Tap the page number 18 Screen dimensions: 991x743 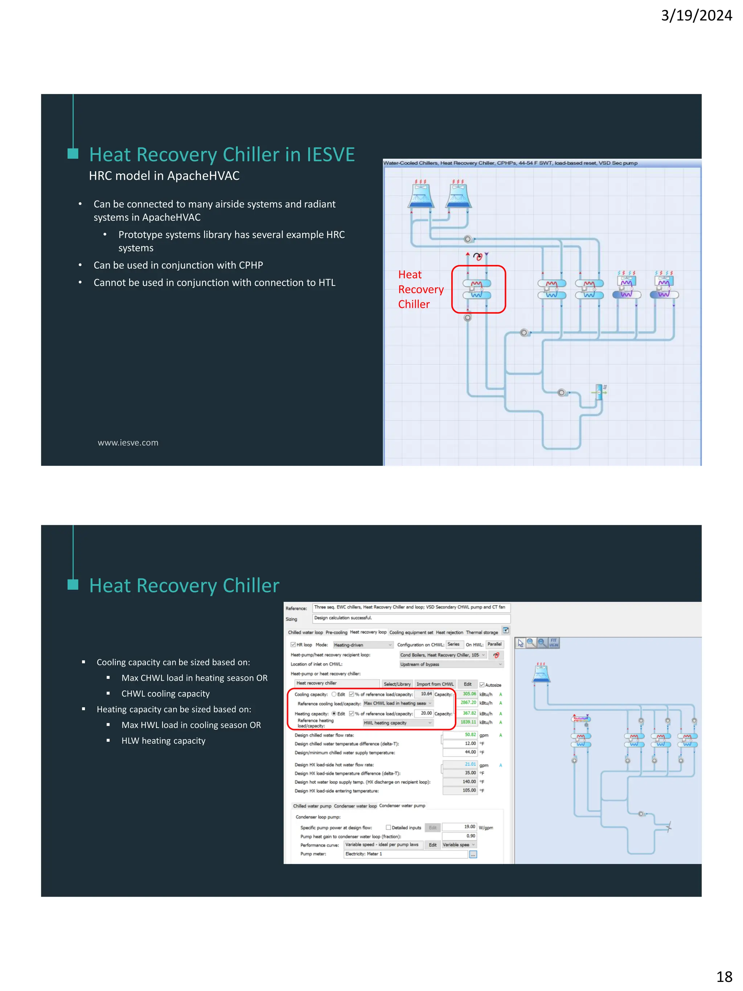pos(724,976)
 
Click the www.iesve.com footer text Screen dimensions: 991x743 pos(128,443)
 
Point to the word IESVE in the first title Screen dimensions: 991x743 pos(331,155)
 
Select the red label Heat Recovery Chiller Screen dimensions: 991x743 pos(420,290)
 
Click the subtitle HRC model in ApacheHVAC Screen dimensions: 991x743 pos(164,176)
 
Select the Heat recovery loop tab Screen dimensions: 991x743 pos(368,632)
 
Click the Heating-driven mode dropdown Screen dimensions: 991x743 pos(362,645)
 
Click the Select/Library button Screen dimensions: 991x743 pos(397,684)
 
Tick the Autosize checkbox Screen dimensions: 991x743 pos(482,685)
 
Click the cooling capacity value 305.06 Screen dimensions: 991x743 pos(468,693)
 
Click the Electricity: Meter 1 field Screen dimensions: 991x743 pos(405,854)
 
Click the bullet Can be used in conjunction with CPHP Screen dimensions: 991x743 pos(178,265)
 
